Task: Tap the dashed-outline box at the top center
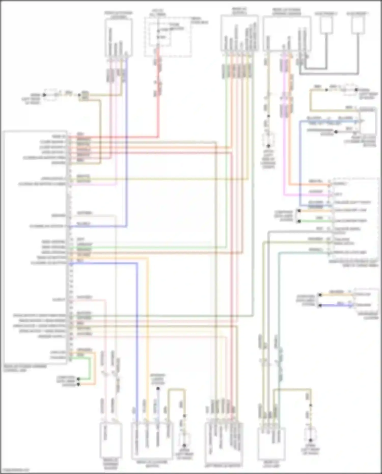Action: coord(168,37)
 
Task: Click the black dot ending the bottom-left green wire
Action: coord(78,379)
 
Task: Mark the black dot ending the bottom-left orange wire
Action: coord(78,384)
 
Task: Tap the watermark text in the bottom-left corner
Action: coord(15,470)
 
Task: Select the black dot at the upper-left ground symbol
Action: coord(44,95)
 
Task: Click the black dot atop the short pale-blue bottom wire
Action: coord(158,389)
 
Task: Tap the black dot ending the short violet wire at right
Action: coord(320,305)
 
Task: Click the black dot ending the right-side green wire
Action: coord(299,221)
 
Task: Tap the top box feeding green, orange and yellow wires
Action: coord(239,33)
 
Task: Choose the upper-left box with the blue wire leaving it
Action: coord(118,37)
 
